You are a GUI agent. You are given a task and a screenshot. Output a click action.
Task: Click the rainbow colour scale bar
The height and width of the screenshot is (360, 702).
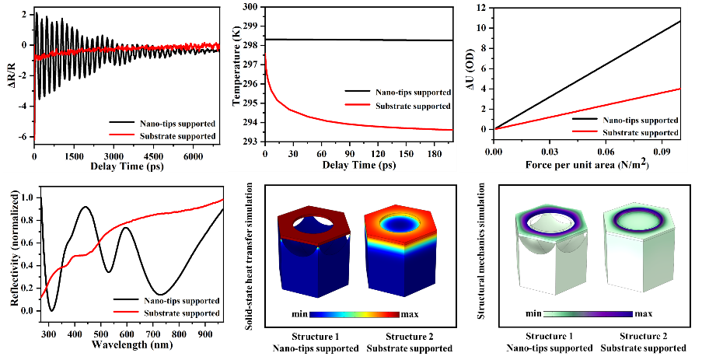pyautogui.click(x=354, y=315)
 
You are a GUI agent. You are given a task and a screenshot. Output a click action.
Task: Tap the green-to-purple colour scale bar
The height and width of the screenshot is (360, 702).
pyautogui.click(x=588, y=315)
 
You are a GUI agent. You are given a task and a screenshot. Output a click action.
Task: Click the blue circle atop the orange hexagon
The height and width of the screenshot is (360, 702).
pyautogui.click(x=398, y=225)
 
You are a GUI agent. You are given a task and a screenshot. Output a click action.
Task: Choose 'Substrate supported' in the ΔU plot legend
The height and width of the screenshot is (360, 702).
pyautogui.click(x=644, y=133)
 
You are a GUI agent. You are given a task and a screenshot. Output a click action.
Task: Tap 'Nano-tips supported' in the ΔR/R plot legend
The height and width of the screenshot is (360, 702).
pyautogui.click(x=164, y=123)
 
